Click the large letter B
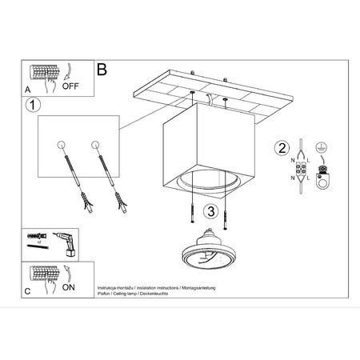click(102, 70)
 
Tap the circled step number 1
click(33, 105)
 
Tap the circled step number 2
click(281, 147)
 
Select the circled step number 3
click(210, 211)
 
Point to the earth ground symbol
click(322, 147)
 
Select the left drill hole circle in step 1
click(62, 145)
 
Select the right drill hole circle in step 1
click(96, 145)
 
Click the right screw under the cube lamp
click(228, 213)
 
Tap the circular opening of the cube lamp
click(209, 185)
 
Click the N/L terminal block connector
click(305, 170)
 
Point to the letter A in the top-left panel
click(26, 90)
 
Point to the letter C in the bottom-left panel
click(26, 292)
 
